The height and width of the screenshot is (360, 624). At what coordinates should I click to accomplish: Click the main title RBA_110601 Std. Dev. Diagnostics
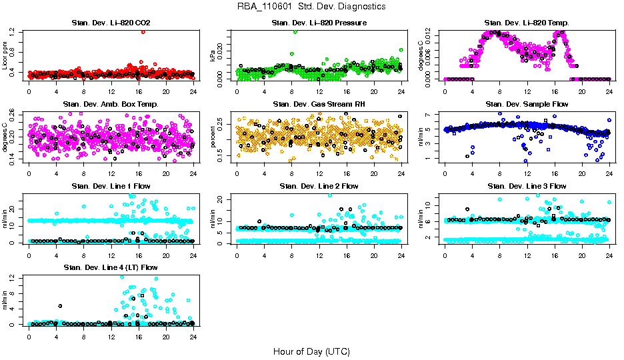(311, 7)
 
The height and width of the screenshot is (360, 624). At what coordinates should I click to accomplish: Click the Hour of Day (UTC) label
(311, 351)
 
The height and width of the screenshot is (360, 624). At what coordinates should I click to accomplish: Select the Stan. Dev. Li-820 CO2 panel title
(111, 23)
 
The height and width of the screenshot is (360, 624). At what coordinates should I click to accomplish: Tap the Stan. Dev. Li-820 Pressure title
(319, 23)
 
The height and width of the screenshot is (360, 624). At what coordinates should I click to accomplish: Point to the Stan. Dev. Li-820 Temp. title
(527, 23)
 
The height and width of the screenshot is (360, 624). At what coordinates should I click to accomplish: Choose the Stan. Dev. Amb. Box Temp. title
(111, 105)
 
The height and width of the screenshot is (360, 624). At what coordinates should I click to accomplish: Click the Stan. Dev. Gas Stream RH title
(319, 105)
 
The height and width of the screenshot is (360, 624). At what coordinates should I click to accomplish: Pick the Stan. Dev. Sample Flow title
(527, 105)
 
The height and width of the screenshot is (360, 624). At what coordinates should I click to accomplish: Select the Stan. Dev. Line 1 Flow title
(111, 186)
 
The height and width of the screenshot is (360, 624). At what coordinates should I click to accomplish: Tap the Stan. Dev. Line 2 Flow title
(319, 186)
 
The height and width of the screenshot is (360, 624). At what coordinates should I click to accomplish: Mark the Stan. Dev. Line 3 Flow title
(527, 186)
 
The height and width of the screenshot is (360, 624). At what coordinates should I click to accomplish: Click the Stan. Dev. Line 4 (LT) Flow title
(111, 267)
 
